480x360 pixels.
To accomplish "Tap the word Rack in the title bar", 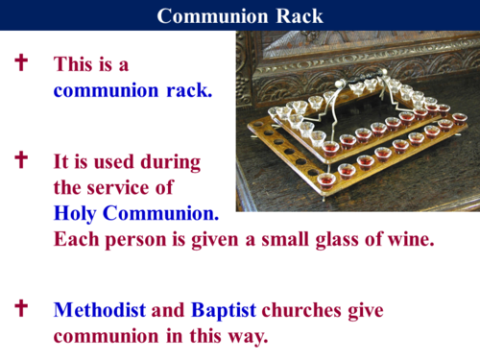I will (299, 16).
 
